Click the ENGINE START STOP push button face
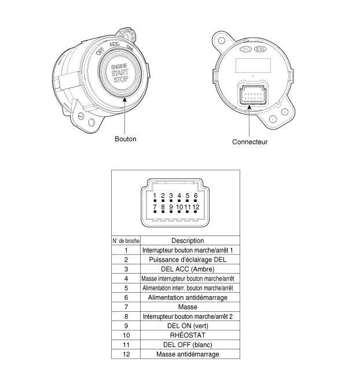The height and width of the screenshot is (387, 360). pyautogui.click(x=120, y=73)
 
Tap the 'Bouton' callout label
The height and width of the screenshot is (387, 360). pyautogui.click(x=126, y=139)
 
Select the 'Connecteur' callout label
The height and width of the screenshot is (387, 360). pyautogui.click(x=250, y=142)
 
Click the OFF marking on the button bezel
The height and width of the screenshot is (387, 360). pyautogui.click(x=100, y=51)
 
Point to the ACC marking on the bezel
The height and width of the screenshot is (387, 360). pyautogui.click(x=115, y=44)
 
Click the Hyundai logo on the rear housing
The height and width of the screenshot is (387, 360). pyautogui.click(x=245, y=49)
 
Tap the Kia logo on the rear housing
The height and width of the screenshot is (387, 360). pyautogui.click(x=260, y=49)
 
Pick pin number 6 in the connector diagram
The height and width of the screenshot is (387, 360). pyautogui.click(x=196, y=196)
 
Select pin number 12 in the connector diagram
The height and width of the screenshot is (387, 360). pyautogui.click(x=196, y=207)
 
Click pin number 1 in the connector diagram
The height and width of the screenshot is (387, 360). pyautogui.click(x=155, y=196)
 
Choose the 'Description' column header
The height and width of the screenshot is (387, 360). pyautogui.click(x=188, y=241)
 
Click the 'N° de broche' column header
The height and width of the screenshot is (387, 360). pyautogui.click(x=126, y=241)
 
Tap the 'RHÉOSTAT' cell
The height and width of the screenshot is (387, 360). pyautogui.click(x=188, y=335)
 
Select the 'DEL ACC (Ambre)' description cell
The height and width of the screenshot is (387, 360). pyautogui.click(x=188, y=269)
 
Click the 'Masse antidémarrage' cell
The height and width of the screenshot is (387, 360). pyautogui.click(x=188, y=354)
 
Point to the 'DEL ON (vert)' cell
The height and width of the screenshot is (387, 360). pyautogui.click(x=188, y=326)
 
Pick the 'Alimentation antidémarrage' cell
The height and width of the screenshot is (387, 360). pyautogui.click(x=188, y=297)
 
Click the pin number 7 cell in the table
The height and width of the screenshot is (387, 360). pyautogui.click(x=126, y=307)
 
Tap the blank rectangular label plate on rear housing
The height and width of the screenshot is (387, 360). pyautogui.click(x=253, y=65)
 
